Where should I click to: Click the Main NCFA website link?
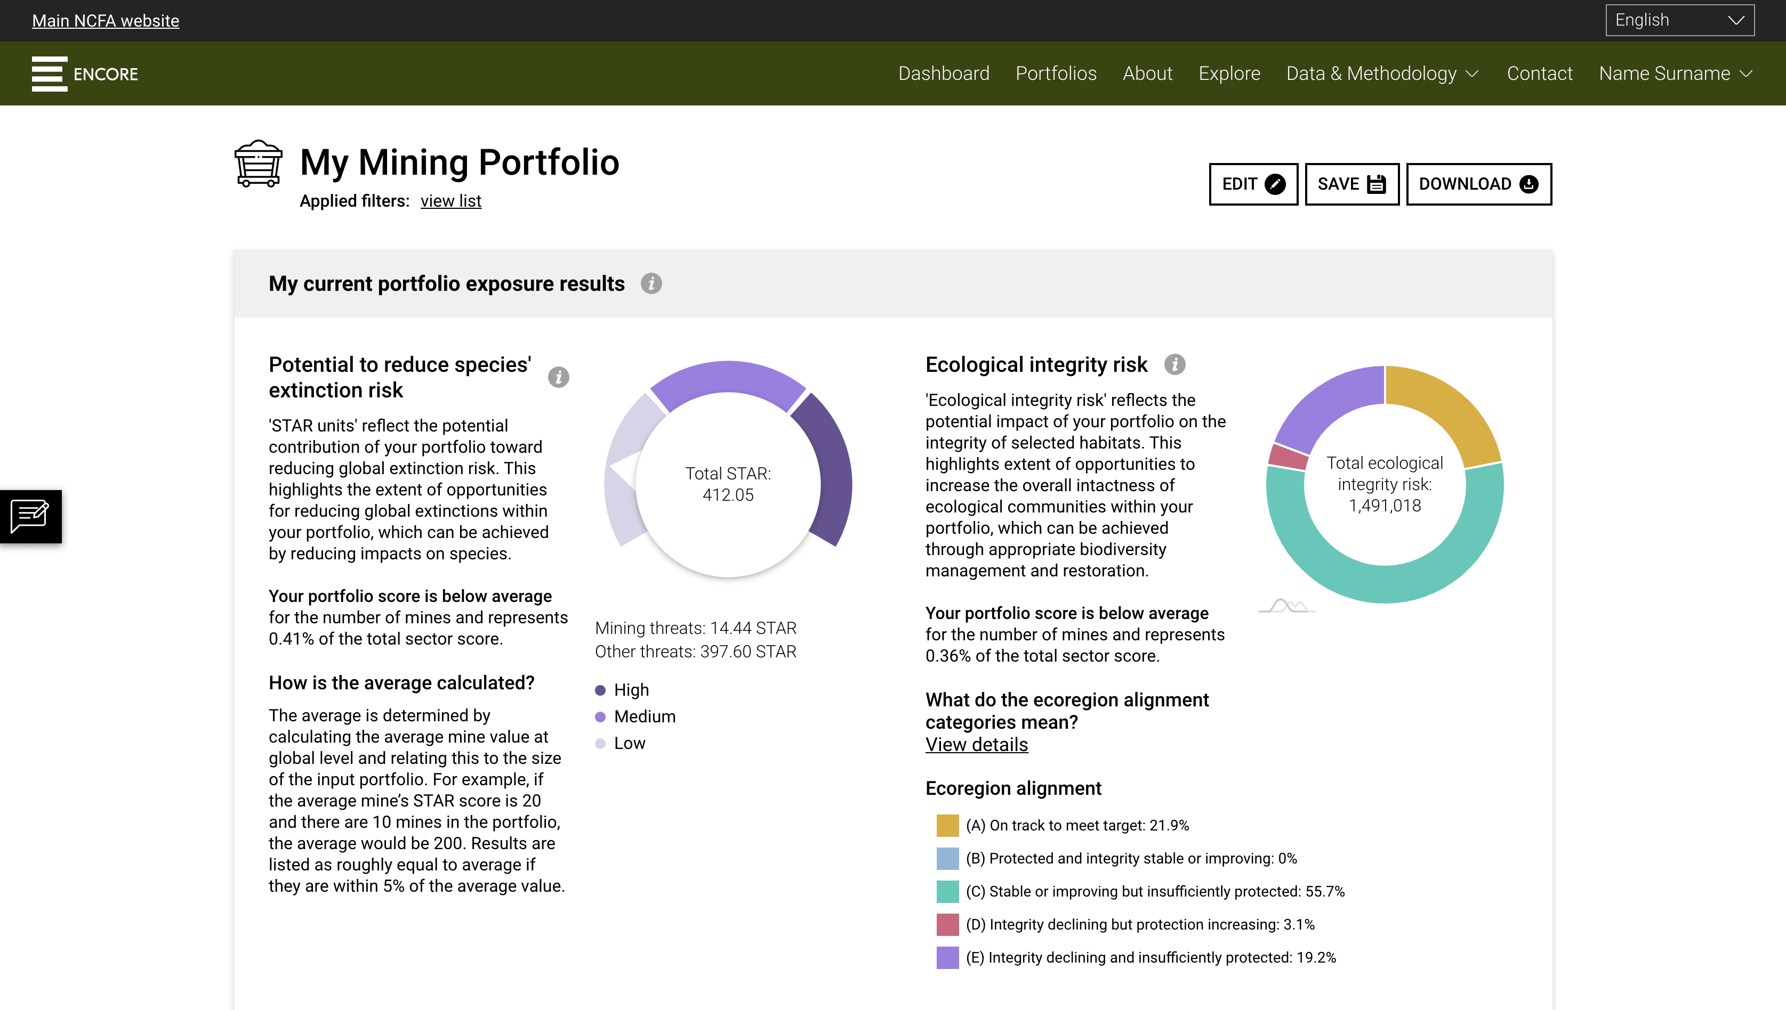coord(106,21)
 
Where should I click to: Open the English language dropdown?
coord(1679,20)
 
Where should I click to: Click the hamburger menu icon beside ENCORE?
coord(49,74)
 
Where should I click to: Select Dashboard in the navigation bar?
coord(943,74)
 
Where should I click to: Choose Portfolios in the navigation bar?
coord(1056,74)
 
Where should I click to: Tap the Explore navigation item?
coord(1229,74)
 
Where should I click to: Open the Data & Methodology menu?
coord(1382,74)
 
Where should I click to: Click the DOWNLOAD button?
coord(1478,184)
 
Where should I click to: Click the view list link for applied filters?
coord(450,201)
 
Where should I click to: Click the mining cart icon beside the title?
coord(258,164)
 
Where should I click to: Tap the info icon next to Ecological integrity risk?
coord(1174,364)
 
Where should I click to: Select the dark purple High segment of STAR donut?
coord(830,471)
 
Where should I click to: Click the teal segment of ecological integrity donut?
coord(1385,583)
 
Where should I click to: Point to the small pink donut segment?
coord(1288,457)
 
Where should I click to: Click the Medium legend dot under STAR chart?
coord(600,716)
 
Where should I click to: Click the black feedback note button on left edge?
coord(30,516)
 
